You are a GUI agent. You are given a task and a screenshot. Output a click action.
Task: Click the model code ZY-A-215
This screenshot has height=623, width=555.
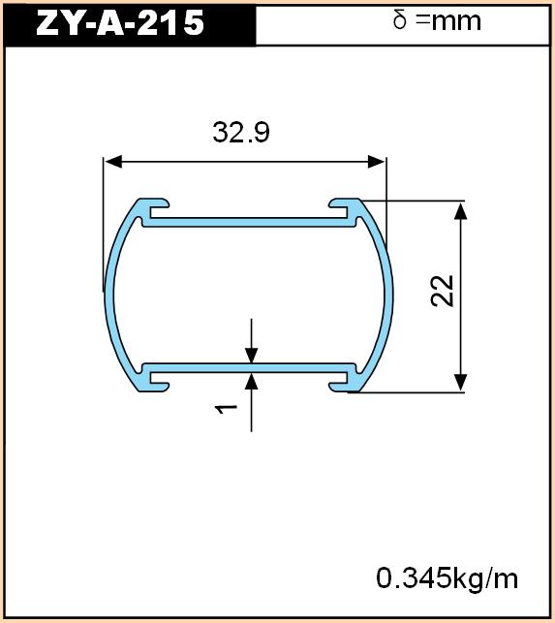pos(120,22)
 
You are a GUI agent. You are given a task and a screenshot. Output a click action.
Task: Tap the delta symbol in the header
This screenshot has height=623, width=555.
pos(400,20)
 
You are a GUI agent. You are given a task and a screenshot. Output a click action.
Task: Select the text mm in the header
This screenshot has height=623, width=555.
pos(456,22)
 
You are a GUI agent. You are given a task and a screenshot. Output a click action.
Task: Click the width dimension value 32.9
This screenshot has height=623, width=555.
pos(241,133)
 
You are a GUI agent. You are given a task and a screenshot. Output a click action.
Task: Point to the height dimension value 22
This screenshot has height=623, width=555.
pos(443,291)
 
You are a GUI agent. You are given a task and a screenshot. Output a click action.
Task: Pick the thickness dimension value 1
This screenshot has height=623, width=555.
pos(226,409)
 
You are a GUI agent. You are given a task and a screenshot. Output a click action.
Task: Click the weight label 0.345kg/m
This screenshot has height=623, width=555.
pos(447,578)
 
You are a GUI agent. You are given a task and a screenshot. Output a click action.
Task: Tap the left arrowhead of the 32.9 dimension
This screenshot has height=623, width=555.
pos(112,162)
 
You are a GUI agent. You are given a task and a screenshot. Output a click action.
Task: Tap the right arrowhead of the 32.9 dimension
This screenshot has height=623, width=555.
pos(376,162)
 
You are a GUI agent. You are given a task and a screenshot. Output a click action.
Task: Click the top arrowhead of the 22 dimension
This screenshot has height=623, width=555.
pos(460,210)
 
